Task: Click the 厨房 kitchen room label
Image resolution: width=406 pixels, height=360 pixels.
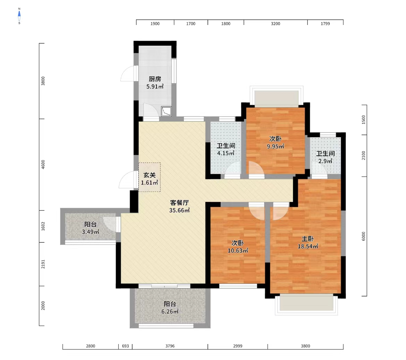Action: (x=155, y=79)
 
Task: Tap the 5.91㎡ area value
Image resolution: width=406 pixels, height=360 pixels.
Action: (x=155, y=86)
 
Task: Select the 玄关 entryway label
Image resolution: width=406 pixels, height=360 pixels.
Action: (x=150, y=175)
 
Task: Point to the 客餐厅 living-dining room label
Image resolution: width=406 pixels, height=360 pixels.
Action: (x=179, y=203)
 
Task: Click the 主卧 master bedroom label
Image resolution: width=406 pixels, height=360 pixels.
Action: (x=307, y=239)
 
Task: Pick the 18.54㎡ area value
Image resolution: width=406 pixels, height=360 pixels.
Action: (x=307, y=246)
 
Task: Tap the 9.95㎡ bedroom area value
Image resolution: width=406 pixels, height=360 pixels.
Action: (x=276, y=146)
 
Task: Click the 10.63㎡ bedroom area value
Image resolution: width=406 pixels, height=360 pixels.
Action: (x=238, y=250)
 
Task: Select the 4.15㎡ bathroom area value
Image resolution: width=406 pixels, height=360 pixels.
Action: (x=226, y=153)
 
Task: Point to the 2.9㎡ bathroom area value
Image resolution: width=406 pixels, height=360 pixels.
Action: (x=325, y=161)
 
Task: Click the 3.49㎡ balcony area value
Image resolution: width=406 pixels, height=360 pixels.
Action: (x=90, y=232)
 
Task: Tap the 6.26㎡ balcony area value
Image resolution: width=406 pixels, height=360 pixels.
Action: (x=170, y=311)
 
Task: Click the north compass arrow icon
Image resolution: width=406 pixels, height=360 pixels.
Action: (x=19, y=16)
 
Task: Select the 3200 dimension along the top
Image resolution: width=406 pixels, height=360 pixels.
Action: (x=276, y=24)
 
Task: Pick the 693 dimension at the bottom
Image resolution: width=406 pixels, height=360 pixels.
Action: (x=125, y=346)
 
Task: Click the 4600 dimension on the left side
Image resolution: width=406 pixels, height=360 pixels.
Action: (x=43, y=165)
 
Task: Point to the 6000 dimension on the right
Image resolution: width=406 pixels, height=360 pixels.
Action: (x=364, y=236)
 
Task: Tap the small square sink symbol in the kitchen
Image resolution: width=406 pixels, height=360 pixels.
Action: (x=166, y=111)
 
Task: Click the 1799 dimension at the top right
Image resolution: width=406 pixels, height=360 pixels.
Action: (x=325, y=24)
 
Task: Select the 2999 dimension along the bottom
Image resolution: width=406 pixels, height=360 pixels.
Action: (x=238, y=346)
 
